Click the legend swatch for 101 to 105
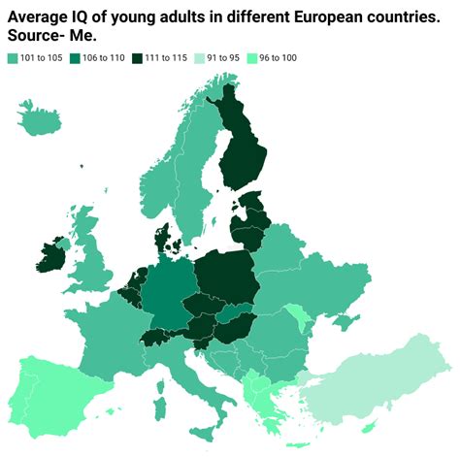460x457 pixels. pyautogui.click(x=12, y=58)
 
